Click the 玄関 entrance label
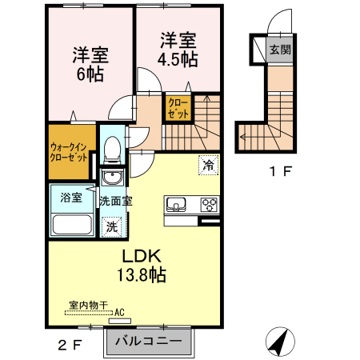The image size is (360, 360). pyautogui.click(x=279, y=50)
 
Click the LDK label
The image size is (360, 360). pyautogui.click(x=142, y=257)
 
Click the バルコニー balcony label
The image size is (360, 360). pyautogui.click(x=150, y=341)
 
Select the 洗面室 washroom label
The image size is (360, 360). pyautogui.click(x=115, y=202)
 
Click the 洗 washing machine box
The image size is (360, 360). pyautogui.click(x=112, y=226)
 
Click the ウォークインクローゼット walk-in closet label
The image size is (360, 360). pyautogui.click(x=68, y=152)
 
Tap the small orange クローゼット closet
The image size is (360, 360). pyautogui.click(x=178, y=108)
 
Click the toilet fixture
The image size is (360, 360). pyautogui.click(x=113, y=149)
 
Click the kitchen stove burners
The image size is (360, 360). pyautogui.click(x=209, y=203)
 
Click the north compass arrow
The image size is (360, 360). pyautogui.click(x=279, y=342)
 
